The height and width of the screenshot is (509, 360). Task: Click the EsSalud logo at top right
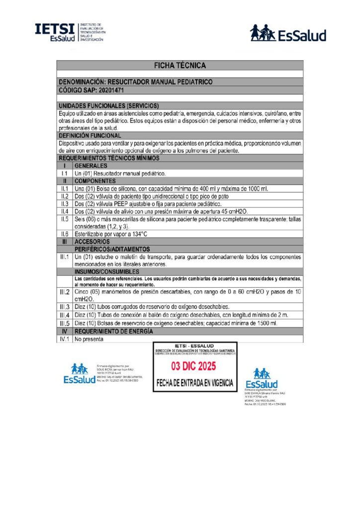click(x=288, y=33)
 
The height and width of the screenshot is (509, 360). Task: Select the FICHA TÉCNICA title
click(x=180, y=65)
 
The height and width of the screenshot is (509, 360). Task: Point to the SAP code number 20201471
click(x=112, y=90)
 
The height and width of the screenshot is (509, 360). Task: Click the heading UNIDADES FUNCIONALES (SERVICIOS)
click(x=109, y=106)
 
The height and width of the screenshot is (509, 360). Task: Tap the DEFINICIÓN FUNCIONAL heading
click(x=90, y=135)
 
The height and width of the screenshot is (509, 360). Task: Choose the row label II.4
click(x=64, y=211)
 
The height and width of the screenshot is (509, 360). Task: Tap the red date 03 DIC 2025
click(x=194, y=367)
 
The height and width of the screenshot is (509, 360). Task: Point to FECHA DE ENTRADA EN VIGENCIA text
click(x=194, y=383)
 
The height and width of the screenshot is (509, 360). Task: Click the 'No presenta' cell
click(x=89, y=339)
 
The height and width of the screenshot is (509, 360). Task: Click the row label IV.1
click(x=64, y=339)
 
